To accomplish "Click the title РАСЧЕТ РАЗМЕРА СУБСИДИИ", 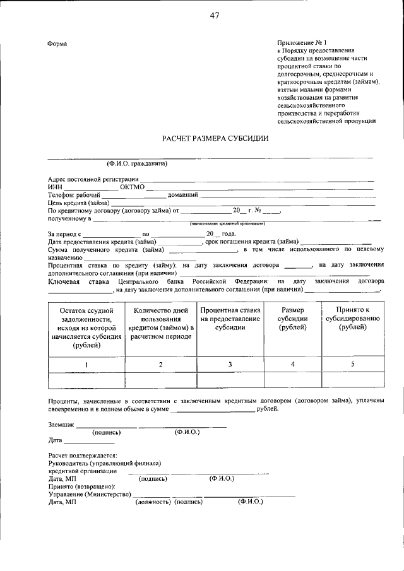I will point(215,138).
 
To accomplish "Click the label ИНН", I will point(55,187).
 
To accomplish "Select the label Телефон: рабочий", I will point(71,195).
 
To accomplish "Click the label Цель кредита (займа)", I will point(78,203).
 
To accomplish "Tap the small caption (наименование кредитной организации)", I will point(227,223).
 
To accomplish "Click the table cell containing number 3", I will point(230,365).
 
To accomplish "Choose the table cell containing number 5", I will point(352,364).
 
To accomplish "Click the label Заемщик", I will point(61,425).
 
